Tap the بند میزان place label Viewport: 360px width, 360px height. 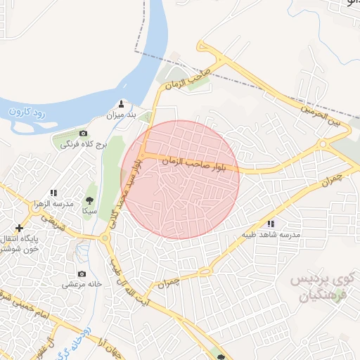(120, 115)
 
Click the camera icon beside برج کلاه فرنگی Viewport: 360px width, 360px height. (84, 134)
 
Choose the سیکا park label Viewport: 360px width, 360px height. (89, 210)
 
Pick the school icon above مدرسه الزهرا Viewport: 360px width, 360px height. (53, 193)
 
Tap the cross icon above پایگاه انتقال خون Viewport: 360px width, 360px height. (19, 228)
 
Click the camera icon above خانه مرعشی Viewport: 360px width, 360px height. (82, 274)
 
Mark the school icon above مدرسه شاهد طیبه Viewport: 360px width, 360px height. (271, 224)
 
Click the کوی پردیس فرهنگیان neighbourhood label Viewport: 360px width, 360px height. (320, 288)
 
